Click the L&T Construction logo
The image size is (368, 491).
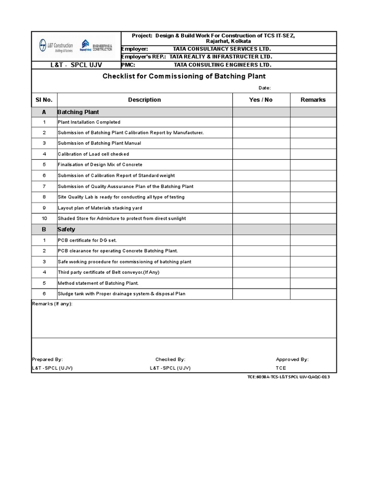(56, 46)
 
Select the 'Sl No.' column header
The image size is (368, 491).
(44, 100)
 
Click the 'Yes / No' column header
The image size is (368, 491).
(261, 100)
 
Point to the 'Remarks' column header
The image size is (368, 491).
(313, 100)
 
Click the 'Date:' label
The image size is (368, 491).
(264, 88)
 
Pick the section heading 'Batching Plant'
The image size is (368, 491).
(78, 112)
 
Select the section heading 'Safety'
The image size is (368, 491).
(66, 229)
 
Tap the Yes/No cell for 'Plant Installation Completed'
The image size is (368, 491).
(261, 122)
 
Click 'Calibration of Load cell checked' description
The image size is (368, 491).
(93, 154)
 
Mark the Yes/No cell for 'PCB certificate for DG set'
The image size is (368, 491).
(261, 240)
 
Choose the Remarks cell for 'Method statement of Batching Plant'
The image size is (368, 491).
(313, 283)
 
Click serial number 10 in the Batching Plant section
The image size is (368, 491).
(44, 219)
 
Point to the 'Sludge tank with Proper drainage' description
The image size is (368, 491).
(122, 294)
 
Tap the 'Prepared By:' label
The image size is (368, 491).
(47, 359)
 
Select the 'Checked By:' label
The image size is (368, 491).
(170, 359)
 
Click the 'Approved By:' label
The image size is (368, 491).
(292, 359)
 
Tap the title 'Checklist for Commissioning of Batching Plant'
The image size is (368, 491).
(184, 76)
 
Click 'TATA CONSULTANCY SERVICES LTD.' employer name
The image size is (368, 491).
(222, 49)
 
